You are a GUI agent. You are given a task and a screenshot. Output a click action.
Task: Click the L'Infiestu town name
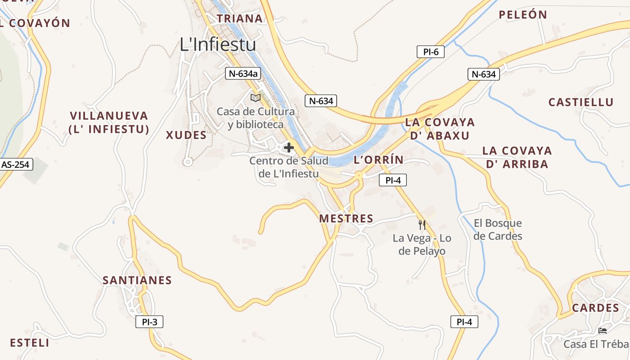point(218,45)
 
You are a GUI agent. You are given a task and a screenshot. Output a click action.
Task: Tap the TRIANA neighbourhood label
point(239,18)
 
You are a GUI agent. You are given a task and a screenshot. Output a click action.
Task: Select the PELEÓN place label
point(523,15)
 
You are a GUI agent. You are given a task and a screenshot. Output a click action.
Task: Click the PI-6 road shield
point(431,52)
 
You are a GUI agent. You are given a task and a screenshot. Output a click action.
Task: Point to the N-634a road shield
point(244,74)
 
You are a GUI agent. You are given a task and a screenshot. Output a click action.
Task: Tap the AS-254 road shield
point(15,165)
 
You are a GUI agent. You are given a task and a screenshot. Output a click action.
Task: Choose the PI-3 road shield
point(149,322)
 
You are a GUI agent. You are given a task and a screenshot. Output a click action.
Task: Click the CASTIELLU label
point(580,102)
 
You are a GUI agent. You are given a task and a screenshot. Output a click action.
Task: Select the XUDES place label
point(186,135)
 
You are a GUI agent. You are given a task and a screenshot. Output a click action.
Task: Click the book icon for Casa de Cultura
point(256,98)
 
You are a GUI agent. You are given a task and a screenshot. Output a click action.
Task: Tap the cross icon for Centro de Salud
point(289,148)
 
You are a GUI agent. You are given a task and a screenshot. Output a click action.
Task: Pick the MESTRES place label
point(346,219)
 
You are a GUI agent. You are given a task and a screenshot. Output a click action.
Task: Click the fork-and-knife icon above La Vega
point(422,225)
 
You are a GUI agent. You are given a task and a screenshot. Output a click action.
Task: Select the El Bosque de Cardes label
point(498,229)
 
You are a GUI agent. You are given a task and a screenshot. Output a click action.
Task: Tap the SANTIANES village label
point(137,280)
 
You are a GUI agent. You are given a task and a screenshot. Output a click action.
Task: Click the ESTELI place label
point(29,342)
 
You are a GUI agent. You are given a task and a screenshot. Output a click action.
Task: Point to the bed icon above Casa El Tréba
point(603,331)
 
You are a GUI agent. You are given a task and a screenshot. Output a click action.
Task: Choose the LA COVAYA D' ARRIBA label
point(517,157)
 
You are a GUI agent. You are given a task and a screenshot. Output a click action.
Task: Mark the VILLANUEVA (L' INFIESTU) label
point(108,122)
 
